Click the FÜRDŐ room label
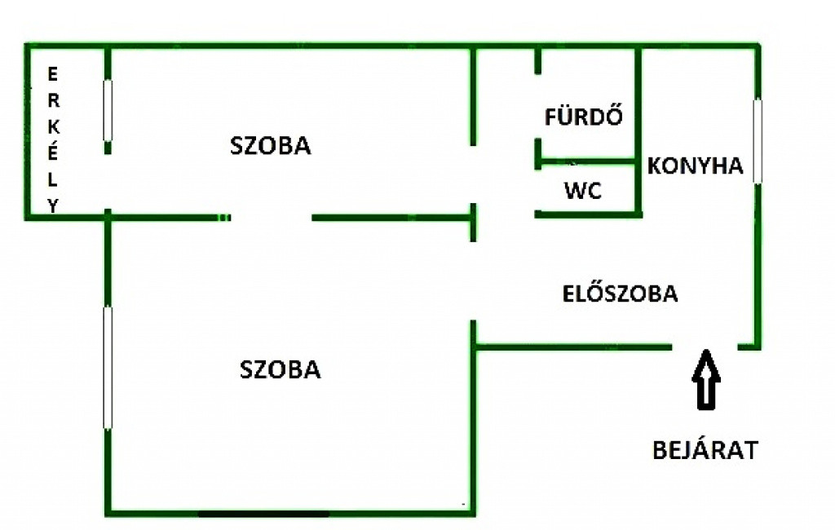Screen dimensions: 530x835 coord(583,117)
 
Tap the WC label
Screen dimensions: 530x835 coord(583,192)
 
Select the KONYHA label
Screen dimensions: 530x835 coord(696,166)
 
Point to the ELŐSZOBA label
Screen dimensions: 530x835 coord(620,294)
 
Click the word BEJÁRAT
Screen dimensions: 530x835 coord(705,450)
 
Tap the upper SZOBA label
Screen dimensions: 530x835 coord(271,146)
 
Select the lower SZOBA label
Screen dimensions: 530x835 coord(281,369)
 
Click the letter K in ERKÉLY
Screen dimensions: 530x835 coord(54,128)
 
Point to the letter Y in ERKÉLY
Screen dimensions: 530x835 coord(54,206)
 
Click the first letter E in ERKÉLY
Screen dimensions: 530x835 coord(54,75)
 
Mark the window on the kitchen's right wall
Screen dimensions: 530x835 coord(758,140)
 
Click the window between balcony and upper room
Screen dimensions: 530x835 coord(108,109)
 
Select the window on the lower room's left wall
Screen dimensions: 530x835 coord(108,366)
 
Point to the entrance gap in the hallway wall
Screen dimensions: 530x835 coord(705,347)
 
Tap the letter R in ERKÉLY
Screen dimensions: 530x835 coord(54,101)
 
